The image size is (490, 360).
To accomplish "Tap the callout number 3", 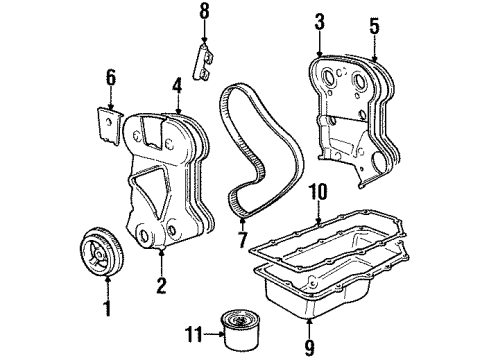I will pos(318,21).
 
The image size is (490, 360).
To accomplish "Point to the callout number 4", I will pos(177,85).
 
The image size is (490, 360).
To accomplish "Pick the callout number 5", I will pos(373,26).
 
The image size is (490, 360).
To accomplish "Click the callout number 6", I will pos(110,77).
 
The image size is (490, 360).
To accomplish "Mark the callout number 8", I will pos(204,13).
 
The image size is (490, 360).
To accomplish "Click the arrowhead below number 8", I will pos(204,41).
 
